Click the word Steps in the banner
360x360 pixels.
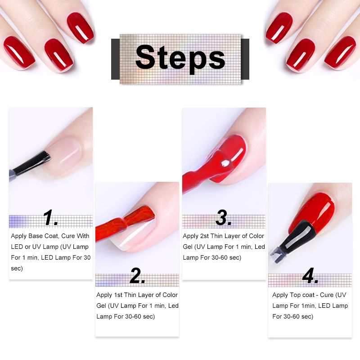click(x=180, y=58)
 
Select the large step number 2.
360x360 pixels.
click(x=137, y=276)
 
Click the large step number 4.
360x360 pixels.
click(x=310, y=276)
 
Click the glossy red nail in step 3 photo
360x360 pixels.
click(x=234, y=153)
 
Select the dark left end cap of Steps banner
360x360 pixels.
click(x=115, y=59)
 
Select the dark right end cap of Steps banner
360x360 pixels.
click(x=245, y=59)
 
